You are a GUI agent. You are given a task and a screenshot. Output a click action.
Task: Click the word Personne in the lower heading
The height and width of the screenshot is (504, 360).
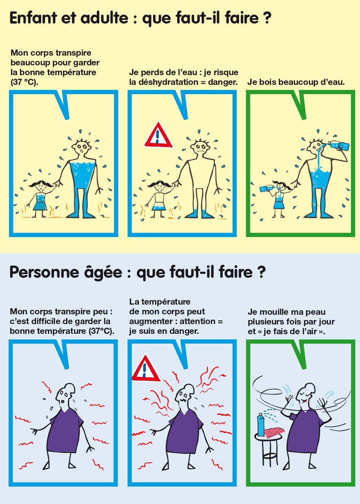44,272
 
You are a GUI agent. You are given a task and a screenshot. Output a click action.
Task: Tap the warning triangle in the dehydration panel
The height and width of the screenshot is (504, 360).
158,135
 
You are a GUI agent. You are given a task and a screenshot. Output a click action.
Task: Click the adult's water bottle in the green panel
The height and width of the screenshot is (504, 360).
338,145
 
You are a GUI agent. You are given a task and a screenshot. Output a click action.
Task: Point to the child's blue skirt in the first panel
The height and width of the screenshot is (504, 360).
40,206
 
